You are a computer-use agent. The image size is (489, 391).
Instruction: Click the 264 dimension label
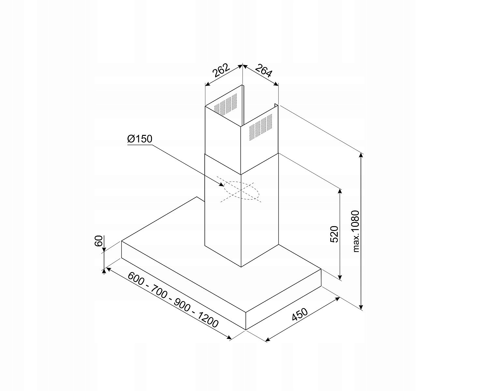263,71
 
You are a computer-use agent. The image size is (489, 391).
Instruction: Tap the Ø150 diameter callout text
140,139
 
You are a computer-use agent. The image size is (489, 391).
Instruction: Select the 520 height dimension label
334,234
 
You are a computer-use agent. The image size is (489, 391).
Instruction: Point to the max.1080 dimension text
356,231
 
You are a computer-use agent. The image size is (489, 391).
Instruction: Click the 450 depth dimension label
300,314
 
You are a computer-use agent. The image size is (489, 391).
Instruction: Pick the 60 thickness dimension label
98,241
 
